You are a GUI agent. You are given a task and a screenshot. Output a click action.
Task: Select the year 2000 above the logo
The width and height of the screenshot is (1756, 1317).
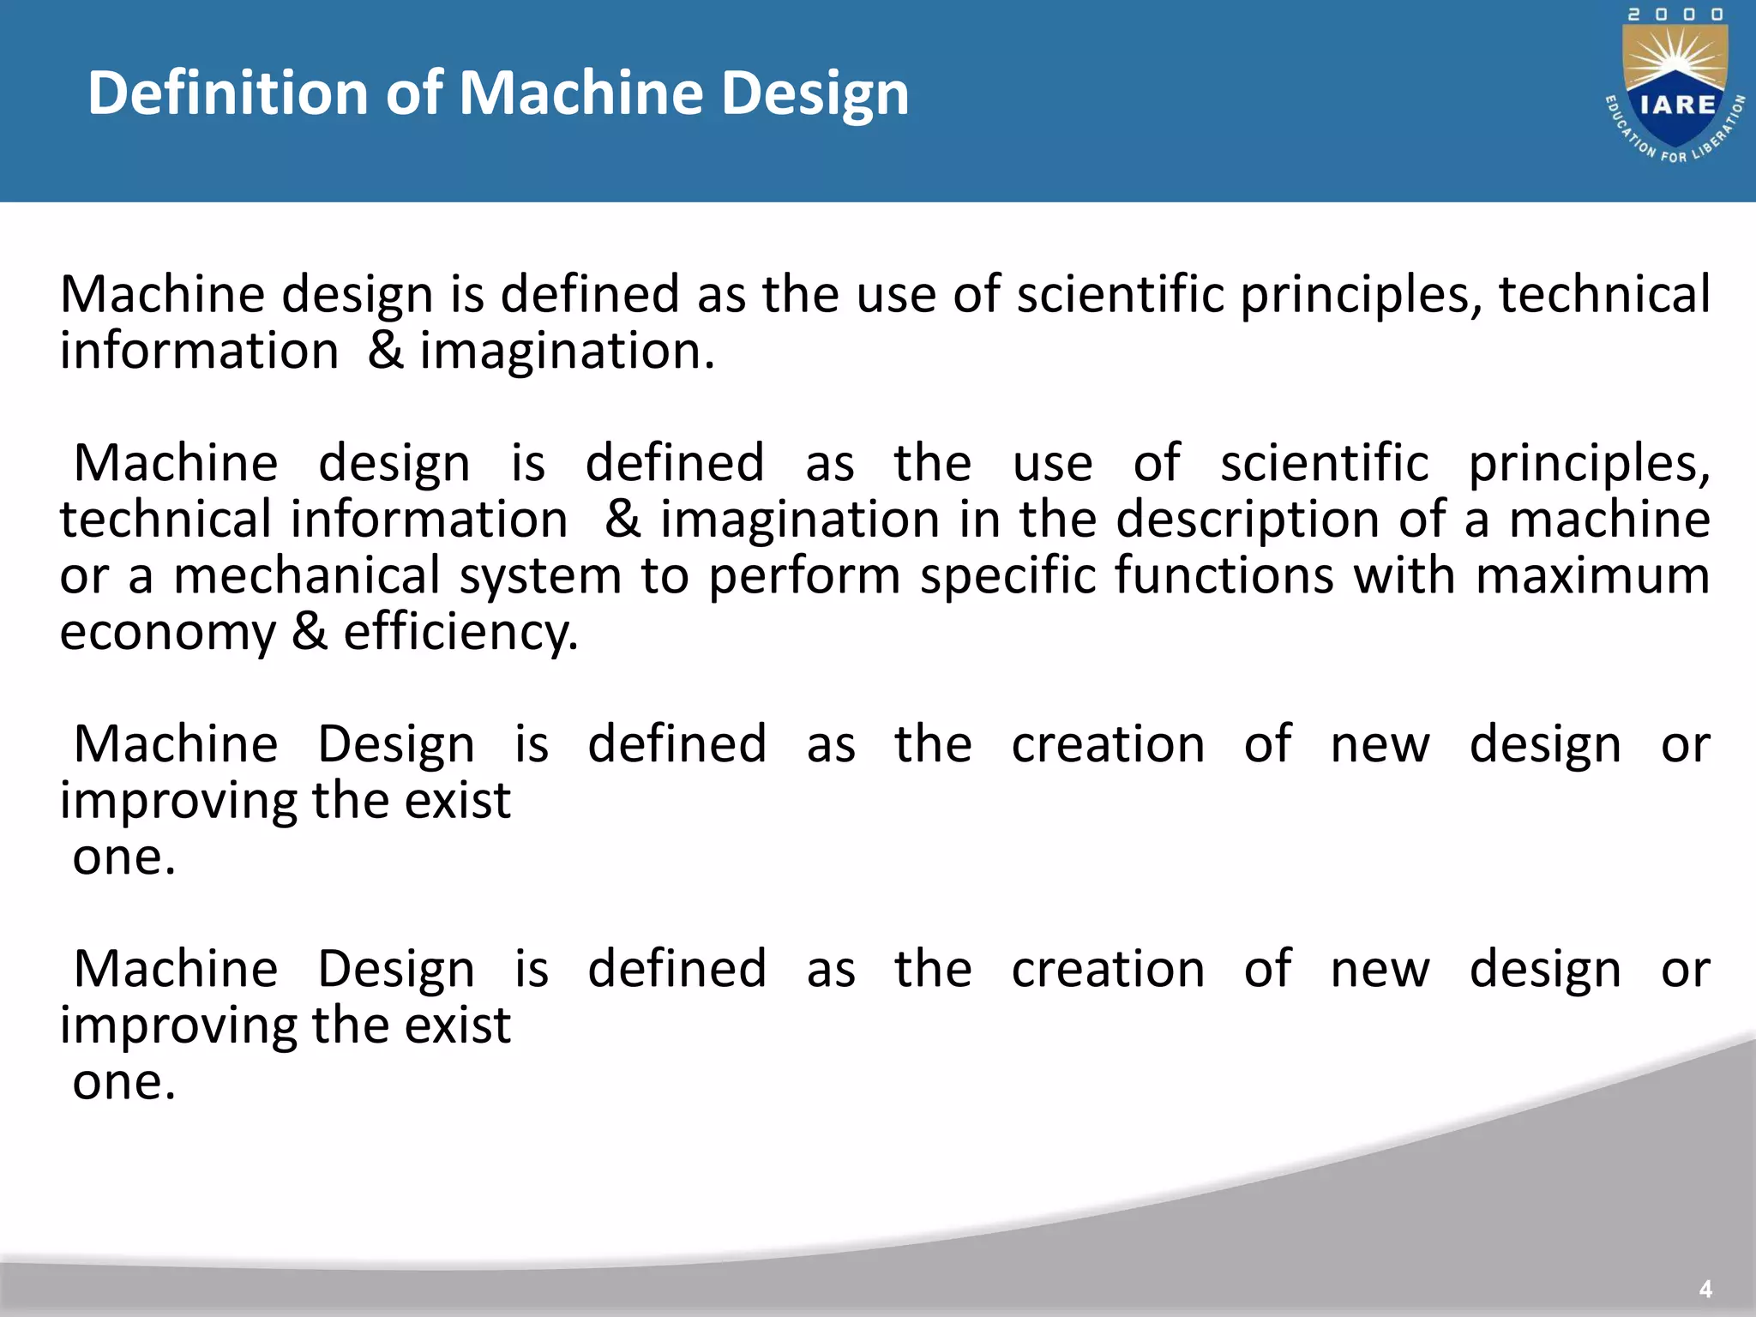click(1675, 15)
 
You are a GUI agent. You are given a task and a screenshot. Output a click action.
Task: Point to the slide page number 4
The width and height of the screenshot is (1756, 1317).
click(1705, 1289)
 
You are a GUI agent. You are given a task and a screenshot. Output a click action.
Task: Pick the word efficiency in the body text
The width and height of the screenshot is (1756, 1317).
click(460, 633)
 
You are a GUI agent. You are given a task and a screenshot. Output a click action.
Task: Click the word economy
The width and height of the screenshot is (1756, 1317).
click(168, 633)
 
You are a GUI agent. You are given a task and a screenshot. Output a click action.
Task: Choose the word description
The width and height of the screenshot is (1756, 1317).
click(1248, 520)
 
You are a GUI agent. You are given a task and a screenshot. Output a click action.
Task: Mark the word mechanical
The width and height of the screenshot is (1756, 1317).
click(307, 575)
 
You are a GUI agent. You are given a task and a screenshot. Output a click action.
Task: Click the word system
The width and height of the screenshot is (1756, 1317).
click(540, 575)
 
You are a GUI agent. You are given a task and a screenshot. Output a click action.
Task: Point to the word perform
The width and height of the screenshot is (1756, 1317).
click(804, 575)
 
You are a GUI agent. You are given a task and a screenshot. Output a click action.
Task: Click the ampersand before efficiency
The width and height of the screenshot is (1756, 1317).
click(310, 633)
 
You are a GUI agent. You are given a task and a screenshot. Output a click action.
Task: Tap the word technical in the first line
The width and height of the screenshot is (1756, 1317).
click(1603, 294)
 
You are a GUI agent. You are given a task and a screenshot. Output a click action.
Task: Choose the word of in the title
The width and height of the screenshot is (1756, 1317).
click(414, 93)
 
